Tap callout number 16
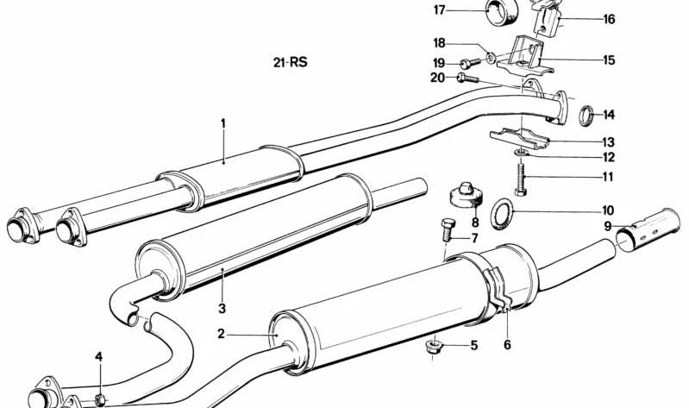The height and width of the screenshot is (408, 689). point(609,19)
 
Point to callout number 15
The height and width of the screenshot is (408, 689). point(609,60)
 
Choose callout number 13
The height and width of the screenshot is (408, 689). point(609,142)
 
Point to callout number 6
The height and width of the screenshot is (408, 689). point(507,343)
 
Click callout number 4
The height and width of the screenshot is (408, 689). point(98,357)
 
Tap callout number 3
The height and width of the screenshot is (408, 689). point(222,308)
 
